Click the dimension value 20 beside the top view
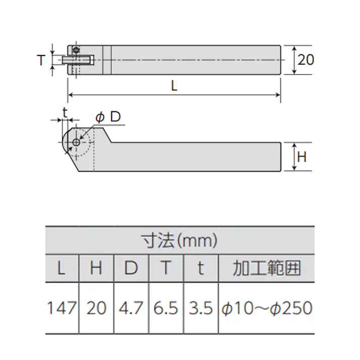pyautogui.click(x=305, y=60)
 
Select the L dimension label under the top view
pyautogui.click(x=174, y=86)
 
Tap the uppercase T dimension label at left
pyautogui.click(x=41, y=60)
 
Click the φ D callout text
pyautogui.click(x=108, y=117)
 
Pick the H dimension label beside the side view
pyautogui.click(x=301, y=157)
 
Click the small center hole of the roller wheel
pyautogui.click(x=76, y=142)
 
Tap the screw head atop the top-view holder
pyautogui.click(x=76, y=50)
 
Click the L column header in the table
pyautogui.click(x=62, y=268)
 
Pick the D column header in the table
pyautogui.click(x=131, y=268)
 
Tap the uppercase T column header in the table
pyautogui.click(x=166, y=268)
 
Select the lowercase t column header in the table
pyautogui.click(x=200, y=268)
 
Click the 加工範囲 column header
pyautogui.click(x=266, y=268)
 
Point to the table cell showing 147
pyautogui.click(x=62, y=307)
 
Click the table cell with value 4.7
pyautogui.click(x=131, y=307)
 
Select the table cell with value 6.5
pyautogui.click(x=166, y=307)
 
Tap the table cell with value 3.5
pyautogui.click(x=200, y=307)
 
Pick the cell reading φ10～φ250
pyautogui.click(x=266, y=307)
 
